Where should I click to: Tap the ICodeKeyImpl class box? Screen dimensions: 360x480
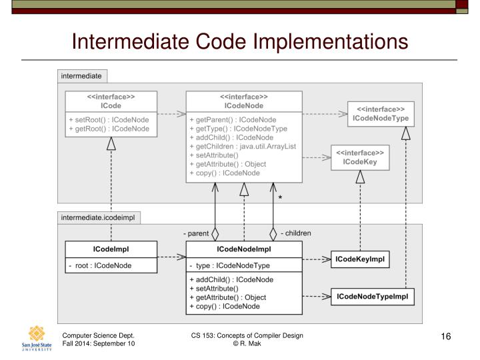(x=360, y=259)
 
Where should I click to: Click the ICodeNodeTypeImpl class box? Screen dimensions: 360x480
(x=372, y=295)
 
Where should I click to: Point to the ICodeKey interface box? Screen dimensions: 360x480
(x=360, y=156)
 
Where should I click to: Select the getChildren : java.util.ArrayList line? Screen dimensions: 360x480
(x=242, y=145)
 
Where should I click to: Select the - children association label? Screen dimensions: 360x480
(x=295, y=233)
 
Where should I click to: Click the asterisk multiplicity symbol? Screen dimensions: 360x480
(x=281, y=198)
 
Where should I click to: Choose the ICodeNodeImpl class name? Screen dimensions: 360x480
(x=243, y=249)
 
